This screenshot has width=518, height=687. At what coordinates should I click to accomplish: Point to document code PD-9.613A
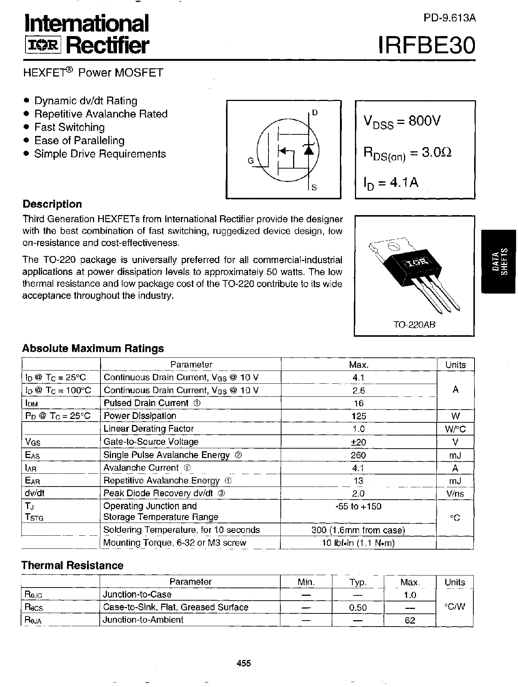click(x=450, y=18)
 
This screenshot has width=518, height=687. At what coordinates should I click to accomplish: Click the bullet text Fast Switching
click(x=69, y=127)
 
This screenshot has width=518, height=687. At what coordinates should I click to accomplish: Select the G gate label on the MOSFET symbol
click(x=250, y=161)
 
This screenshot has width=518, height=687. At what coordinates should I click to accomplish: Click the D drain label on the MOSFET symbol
click(x=315, y=113)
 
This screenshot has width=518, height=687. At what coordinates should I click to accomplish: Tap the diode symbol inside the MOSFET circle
click(x=308, y=149)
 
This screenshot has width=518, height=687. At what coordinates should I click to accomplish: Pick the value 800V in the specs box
click(x=424, y=121)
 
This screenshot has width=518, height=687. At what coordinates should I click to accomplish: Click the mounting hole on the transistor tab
click(x=393, y=247)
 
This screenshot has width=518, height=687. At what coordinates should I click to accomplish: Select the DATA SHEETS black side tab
click(x=499, y=261)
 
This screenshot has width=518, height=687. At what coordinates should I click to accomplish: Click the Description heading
click(x=52, y=204)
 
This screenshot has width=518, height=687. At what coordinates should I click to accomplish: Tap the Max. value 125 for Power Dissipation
click(x=359, y=416)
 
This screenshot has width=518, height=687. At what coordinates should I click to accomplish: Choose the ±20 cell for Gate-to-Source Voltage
click(x=359, y=442)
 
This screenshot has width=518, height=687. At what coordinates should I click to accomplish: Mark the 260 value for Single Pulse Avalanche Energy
click(x=359, y=455)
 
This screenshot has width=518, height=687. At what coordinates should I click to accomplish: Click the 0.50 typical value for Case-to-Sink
click(x=358, y=607)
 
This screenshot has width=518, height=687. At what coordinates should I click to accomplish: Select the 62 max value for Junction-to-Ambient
click(x=410, y=620)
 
